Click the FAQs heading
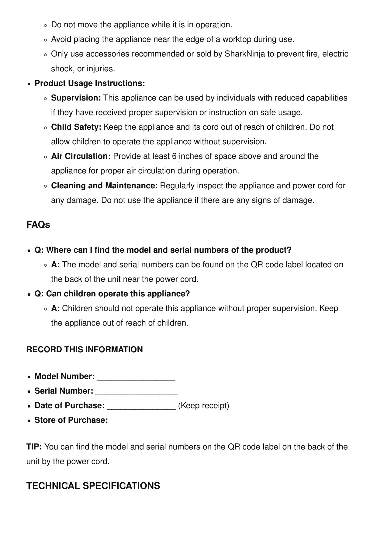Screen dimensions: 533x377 tap(38, 225)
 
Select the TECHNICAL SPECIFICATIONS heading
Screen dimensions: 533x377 tap(93, 486)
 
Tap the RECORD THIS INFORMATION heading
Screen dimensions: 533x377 tap(85, 350)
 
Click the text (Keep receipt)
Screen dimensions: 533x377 tap(203, 406)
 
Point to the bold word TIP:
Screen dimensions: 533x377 tap(34, 447)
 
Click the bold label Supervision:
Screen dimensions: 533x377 tap(76, 98)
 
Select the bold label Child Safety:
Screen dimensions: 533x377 tap(76, 127)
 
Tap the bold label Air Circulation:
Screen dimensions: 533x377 tap(81, 156)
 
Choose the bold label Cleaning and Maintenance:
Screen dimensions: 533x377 tap(104, 186)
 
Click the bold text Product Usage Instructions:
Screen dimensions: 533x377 tap(90, 84)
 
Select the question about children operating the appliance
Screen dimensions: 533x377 tap(112, 294)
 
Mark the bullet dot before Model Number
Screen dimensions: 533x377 tap(29, 377)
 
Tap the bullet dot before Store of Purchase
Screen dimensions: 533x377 tap(29, 421)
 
